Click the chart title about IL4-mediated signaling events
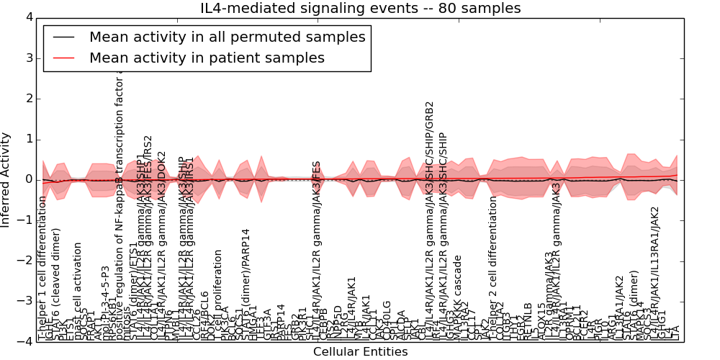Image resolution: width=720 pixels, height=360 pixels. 360,9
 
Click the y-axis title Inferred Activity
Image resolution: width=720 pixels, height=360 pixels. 6,180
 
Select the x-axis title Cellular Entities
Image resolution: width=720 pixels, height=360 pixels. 360,352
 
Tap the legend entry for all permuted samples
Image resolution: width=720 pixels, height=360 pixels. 227,37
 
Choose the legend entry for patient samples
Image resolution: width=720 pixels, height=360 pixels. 207,58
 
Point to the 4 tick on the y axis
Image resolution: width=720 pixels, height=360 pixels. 28,17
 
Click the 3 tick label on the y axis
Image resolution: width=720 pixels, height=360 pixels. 28,58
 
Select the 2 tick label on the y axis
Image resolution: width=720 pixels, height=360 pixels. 28,99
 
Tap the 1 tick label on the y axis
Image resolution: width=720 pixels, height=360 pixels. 28,139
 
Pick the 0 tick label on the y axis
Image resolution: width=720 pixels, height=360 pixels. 28,179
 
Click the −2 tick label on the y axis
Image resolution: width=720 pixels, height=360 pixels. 26,261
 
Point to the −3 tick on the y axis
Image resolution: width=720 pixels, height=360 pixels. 26,301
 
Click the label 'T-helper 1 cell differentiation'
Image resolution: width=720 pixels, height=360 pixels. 42,268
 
